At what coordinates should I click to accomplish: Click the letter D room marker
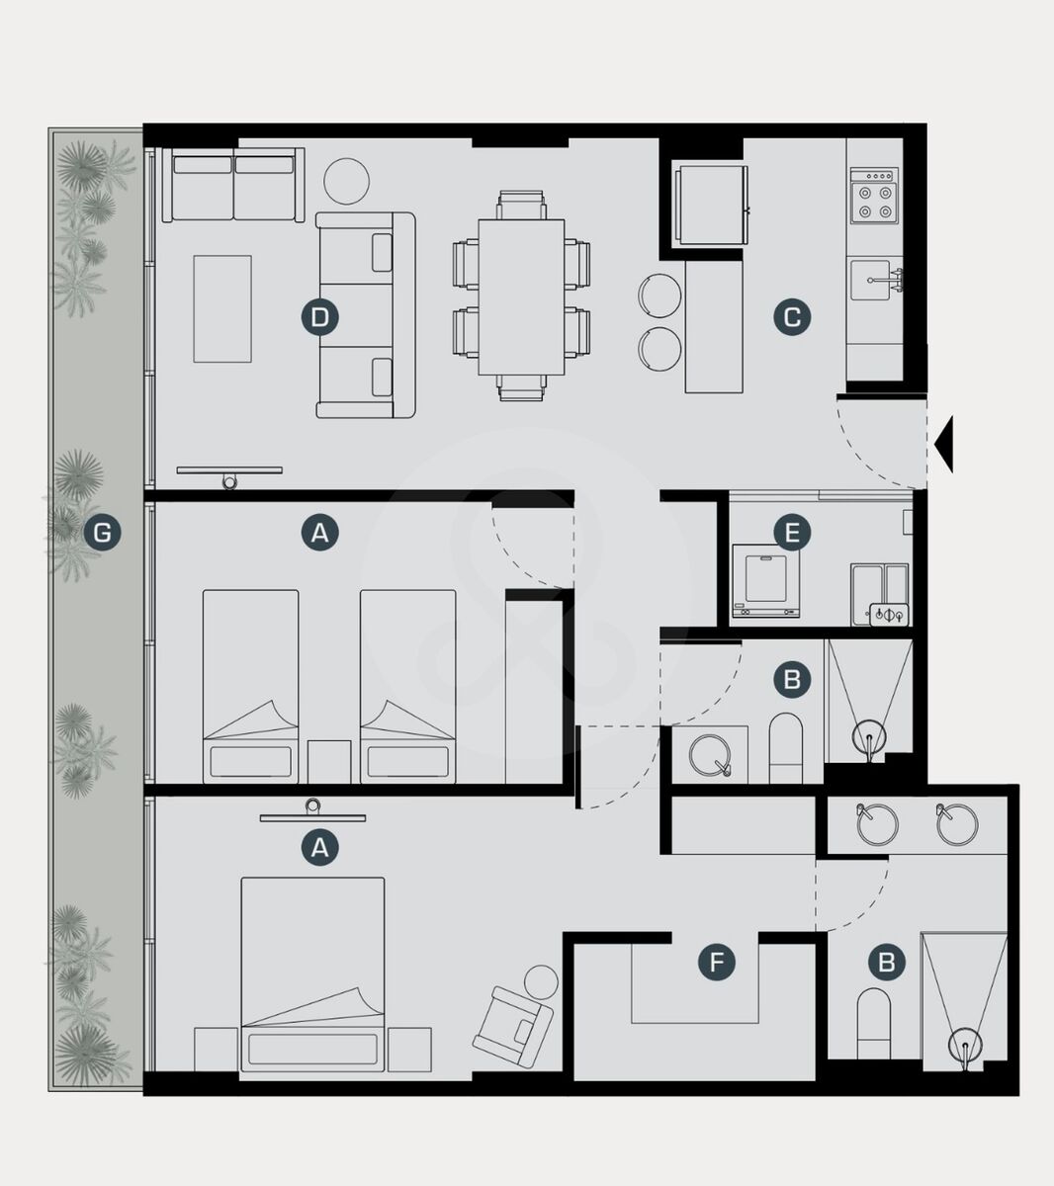pyautogui.click(x=319, y=317)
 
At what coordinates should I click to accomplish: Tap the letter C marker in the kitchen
pyautogui.click(x=792, y=317)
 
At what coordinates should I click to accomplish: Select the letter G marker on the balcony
pyautogui.click(x=103, y=533)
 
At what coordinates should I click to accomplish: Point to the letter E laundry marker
pyautogui.click(x=792, y=533)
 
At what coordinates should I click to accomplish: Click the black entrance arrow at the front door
pyautogui.click(x=944, y=445)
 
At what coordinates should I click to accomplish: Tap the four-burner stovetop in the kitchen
pyautogui.click(x=874, y=196)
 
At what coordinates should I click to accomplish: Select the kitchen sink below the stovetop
pyautogui.click(x=873, y=281)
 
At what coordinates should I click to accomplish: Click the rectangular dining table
pyautogui.click(x=521, y=296)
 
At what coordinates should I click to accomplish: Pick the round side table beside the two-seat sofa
pyautogui.click(x=347, y=182)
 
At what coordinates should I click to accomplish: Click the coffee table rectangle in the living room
pyautogui.click(x=222, y=308)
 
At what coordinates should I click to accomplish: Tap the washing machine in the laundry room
pyautogui.click(x=766, y=581)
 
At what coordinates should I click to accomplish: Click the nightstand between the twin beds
pyautogui.click(x=329, y=762)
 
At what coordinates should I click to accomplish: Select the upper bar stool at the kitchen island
pyautogui.click(x=659, y=296)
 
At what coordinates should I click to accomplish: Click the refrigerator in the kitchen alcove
pyautogui.click(x=712, y=205)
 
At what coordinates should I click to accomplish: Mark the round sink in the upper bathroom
pyautogui.click(x=710, y=755)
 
